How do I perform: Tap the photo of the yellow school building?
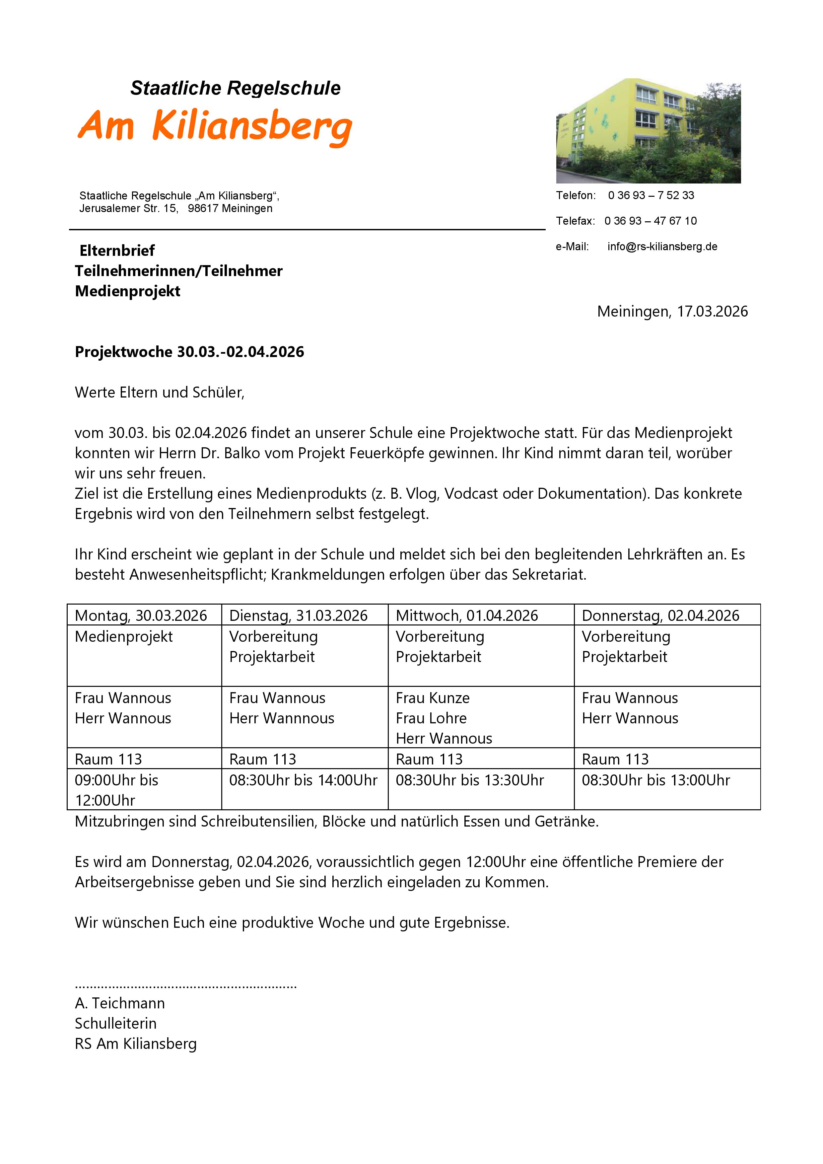coord(648,131)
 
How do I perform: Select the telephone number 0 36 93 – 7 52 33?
coord(651,196)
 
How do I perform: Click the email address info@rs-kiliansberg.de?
coord(662,247)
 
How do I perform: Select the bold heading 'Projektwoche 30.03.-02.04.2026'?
coord(189,352)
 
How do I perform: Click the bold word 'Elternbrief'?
coord(117,251)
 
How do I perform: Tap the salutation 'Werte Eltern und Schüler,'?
coord(160,393)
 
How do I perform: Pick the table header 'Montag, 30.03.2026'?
coord(141,616)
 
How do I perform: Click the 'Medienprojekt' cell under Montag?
coord(124,637)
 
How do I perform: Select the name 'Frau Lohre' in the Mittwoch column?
coord(431,718)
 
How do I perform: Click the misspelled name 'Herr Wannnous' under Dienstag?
coord(282,718)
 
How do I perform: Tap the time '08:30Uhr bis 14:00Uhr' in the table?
coord(303,780)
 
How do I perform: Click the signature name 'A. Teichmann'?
coord(120,1003)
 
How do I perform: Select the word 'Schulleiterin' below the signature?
coord(115,1024)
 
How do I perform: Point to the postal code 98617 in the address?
coord(203,208)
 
